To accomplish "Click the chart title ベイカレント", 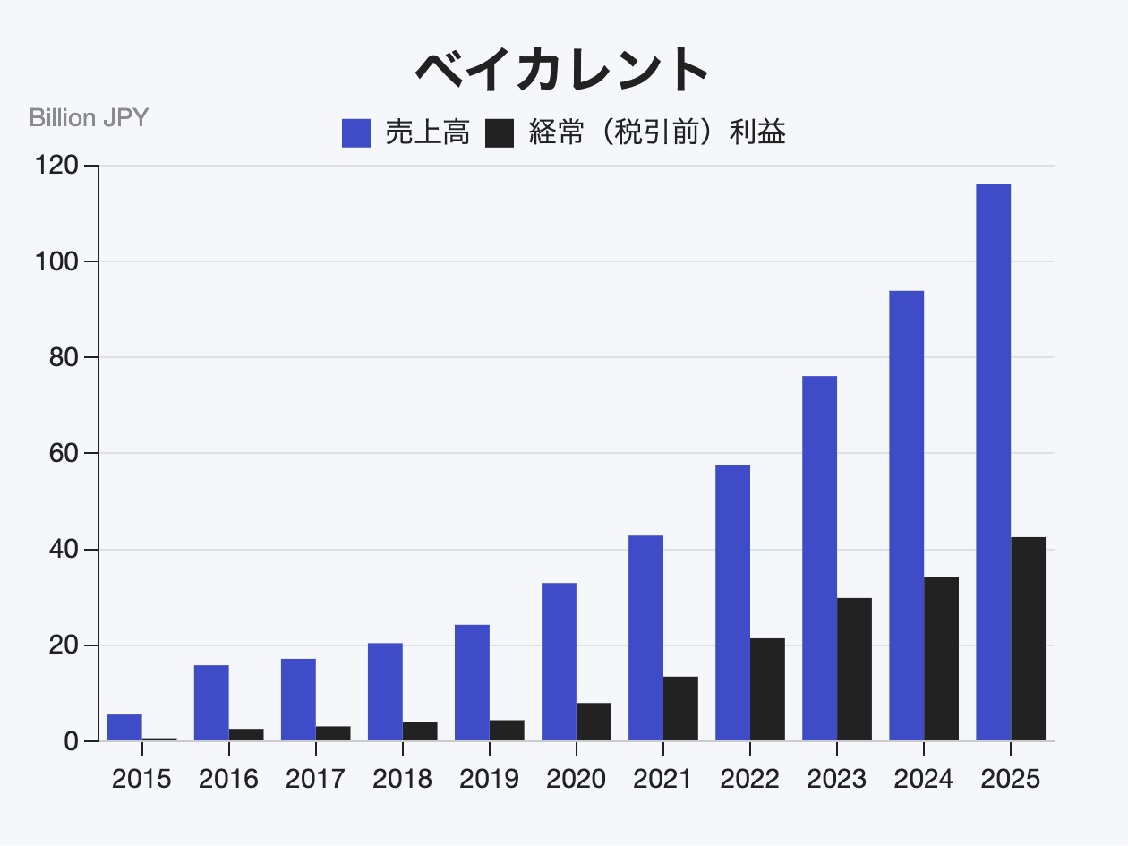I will pos(563,70).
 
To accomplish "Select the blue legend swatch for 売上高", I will pos(356,133).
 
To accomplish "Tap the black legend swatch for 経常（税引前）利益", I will pos(500,133).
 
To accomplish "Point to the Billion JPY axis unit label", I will pos(89,118).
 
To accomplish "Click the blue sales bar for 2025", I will pos(993,462).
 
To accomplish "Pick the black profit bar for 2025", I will pos(1028,638).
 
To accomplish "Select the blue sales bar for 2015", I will pos(124,727).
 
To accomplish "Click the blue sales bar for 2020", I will pos(559,662).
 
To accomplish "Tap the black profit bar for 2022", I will pos(767,689).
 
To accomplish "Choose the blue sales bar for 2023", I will pos(819,558).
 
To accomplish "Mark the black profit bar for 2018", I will pos(420,731).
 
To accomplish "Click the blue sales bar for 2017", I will pos(298,699).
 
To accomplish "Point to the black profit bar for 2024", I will pos(941,659).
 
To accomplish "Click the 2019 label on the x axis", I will pos(489,779).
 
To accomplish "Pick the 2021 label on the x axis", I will pos(662,779).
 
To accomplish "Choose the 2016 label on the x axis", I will pos(228,779).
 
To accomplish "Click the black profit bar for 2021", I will pos(680,708).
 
